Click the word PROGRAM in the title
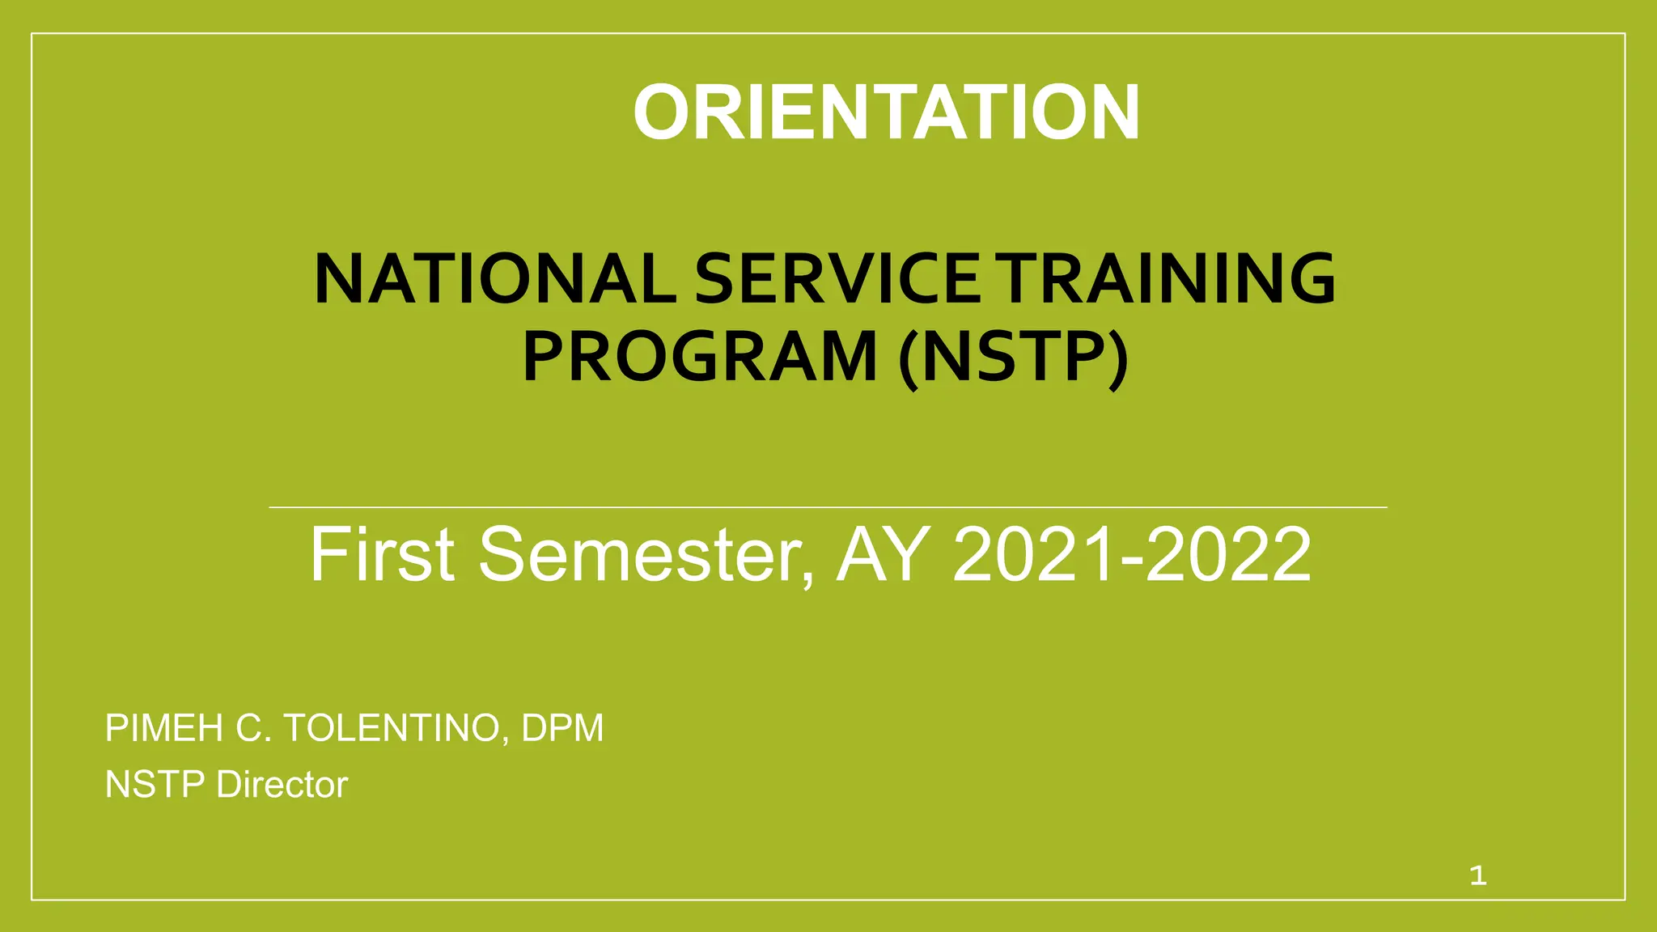coord(700,357)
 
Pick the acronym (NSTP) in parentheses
coord(1013,357)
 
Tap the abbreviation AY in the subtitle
coord(882,554)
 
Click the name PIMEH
coord(163,728)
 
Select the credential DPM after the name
coord(562,728)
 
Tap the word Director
coord(282,785)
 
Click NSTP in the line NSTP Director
coord(155,785)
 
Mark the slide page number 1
coord(1478,875)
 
